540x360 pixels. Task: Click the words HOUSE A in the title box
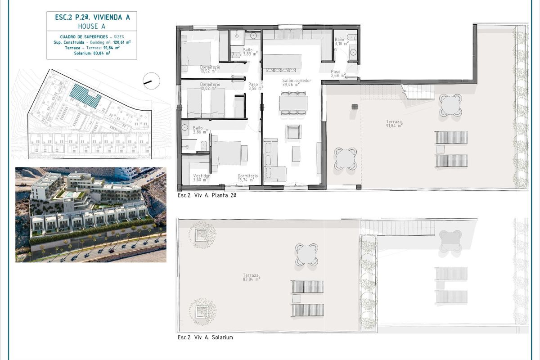(92, 26)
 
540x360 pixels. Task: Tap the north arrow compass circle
(151, 81)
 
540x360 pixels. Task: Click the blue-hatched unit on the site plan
(84, 95)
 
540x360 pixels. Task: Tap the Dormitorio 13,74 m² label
(247, 178)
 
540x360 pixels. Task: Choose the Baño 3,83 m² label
(250, 52)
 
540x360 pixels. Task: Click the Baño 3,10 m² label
(341, 41)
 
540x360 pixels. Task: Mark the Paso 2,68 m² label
(338, 73)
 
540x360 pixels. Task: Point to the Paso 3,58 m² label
(254, 86)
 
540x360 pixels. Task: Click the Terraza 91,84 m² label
(394, 124)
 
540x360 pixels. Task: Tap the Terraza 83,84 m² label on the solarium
(251, 277)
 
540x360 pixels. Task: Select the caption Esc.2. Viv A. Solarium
(205, 337)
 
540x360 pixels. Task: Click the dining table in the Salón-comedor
(293, 103)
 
